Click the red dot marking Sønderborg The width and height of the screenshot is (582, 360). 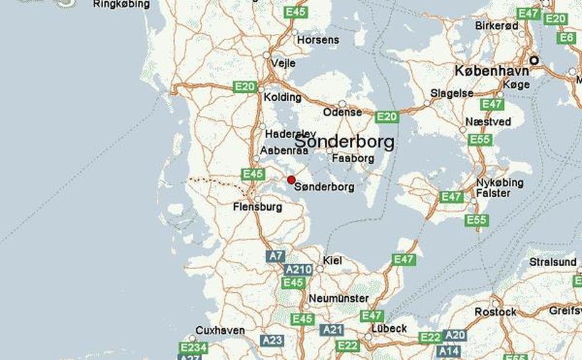click(291, 180)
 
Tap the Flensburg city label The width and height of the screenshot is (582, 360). click(257, 207)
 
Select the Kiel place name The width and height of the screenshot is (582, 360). click(332, 260)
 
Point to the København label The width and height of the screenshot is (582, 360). click(491, 71)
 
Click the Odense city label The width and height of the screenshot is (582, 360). click(342, 112)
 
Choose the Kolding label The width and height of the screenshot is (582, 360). click(282, 98)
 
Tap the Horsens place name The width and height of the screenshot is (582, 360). click(318, 39)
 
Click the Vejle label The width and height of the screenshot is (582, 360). click(283, 63)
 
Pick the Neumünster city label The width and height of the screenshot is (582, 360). click(339, 298)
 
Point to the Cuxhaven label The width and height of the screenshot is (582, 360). click(220, 330)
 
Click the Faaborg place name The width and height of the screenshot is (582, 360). click(353, 158)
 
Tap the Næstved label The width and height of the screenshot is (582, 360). click(488, 121)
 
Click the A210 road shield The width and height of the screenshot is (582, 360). click(298, 269)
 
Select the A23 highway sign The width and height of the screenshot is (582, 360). click(272, 340)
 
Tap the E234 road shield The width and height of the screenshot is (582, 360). click(193, 347)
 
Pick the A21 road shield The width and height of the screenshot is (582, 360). click(332, 329)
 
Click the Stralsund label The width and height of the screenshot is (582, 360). click(553, 262)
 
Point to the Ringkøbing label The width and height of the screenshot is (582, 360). click(121, 4)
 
